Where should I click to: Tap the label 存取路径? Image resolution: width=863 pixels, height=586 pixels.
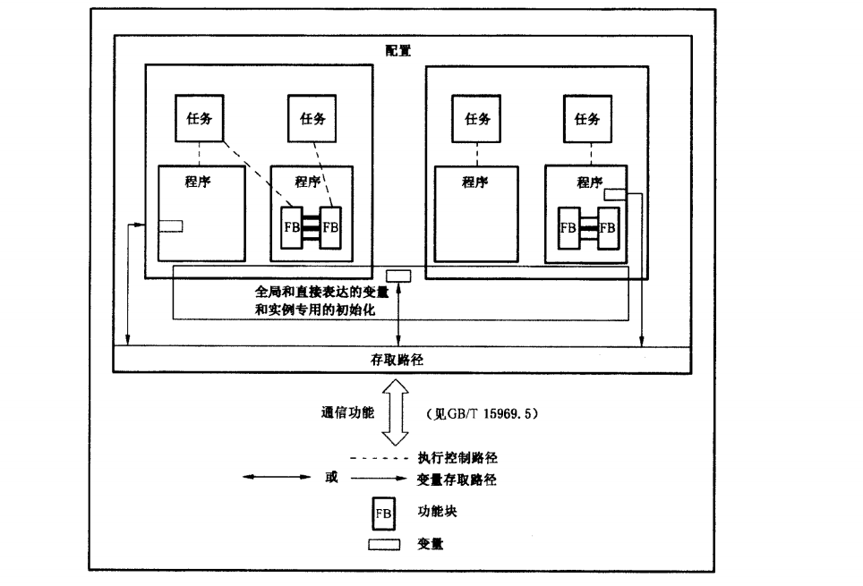pos(397,360)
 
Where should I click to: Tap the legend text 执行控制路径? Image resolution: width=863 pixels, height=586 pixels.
pos(457,458)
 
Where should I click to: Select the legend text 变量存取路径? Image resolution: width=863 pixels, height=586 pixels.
pos(457,480)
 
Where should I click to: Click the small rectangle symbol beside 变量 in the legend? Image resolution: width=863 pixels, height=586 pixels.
pos(384,545)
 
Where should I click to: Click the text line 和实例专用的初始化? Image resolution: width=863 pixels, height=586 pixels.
pos(312,310)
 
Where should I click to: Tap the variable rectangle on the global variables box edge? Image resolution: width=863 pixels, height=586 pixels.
pos(398,275)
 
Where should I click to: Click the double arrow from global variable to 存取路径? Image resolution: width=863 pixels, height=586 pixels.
pos(398,313)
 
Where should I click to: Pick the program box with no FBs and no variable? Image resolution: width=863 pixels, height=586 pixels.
pos(475,213)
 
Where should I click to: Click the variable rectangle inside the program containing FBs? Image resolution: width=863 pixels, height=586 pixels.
pos(615,195)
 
